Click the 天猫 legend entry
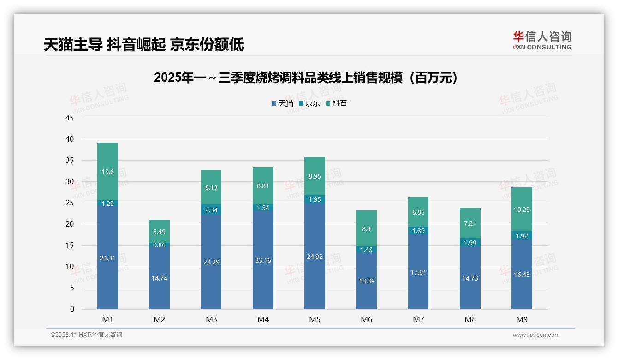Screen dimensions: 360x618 (283, 103)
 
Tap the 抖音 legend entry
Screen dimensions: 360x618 (337, 103)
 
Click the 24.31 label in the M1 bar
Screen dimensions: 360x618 (107, 258)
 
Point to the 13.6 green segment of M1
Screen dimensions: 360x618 (107, 172)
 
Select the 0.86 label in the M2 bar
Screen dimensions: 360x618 (159, 245)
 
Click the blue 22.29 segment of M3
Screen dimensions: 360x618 (211, 262)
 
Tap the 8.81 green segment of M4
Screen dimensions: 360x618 (263, 186)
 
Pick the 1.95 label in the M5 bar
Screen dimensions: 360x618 (315, 199)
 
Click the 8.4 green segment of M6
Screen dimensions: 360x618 (367, 228)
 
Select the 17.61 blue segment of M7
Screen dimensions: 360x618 (418, 272)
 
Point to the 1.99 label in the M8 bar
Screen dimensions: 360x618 (470, 243)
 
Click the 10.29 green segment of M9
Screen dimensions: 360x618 (522, 209)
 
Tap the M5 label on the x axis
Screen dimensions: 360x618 (315, 319)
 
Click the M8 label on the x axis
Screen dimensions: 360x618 (470, 319)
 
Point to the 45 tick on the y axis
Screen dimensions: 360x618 (70, 118)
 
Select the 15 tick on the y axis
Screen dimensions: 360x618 (70, 246)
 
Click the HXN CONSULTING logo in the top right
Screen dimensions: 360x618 (542, 41)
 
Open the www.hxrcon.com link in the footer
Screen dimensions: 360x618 (536, 335)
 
